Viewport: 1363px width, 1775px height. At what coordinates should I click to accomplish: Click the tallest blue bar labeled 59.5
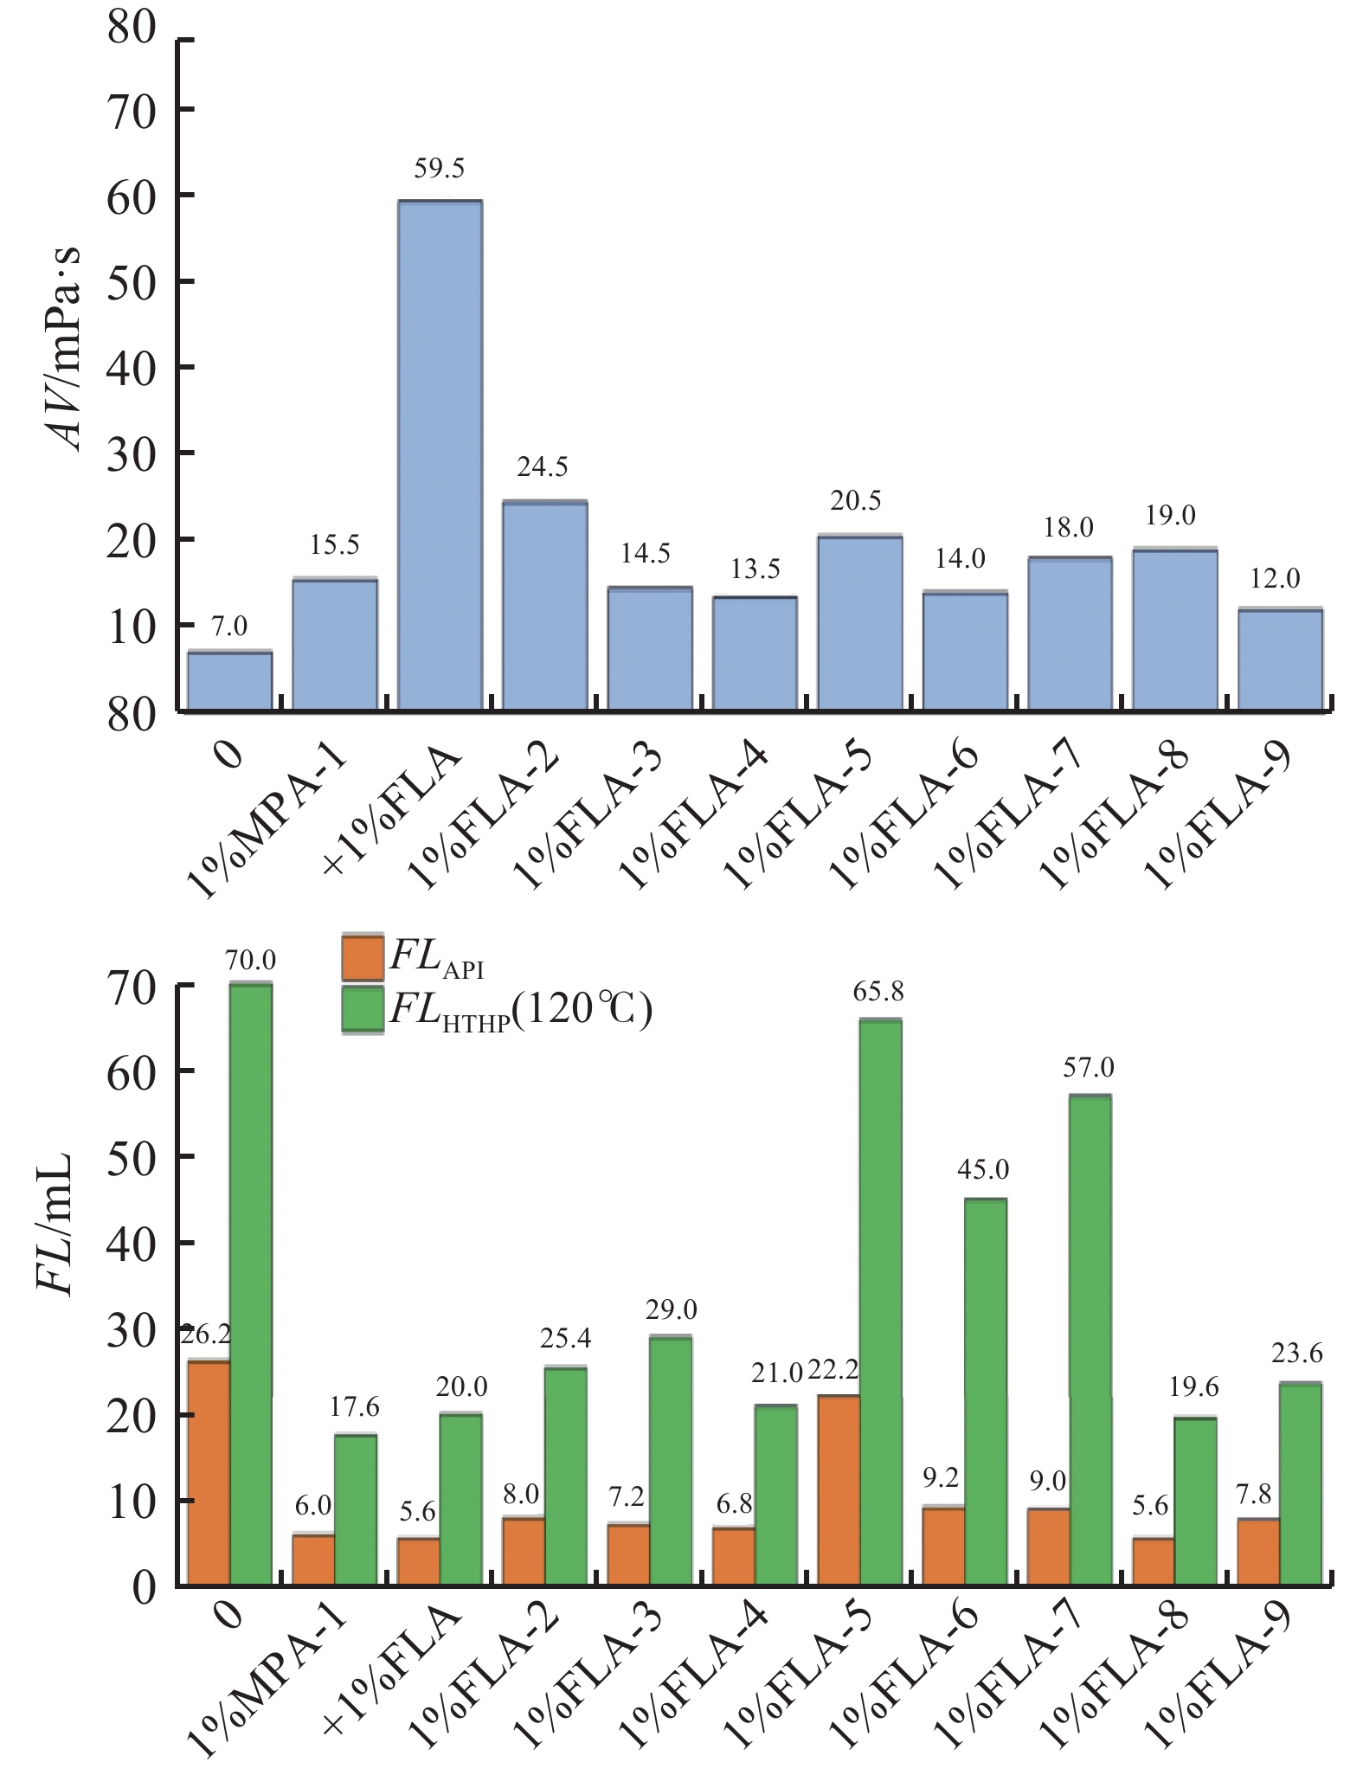tap(440, 455)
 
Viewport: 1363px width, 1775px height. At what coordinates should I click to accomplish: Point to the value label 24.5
tap(543, 467)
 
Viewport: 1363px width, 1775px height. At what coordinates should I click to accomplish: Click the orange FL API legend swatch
tap(363, 956)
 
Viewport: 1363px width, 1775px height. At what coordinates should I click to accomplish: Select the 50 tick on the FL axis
tap(132, 1156)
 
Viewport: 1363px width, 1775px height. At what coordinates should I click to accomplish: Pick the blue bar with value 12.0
tap(1280, 659)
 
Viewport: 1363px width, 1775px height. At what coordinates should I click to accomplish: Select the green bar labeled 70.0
tap(251, 1281)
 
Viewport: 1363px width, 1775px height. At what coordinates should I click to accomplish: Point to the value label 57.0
tap(1089, 1068)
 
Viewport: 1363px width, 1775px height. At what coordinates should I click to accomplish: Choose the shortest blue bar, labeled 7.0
tap(230, 681)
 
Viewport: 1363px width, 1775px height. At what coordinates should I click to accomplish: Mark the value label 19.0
tap(1171, 516)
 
